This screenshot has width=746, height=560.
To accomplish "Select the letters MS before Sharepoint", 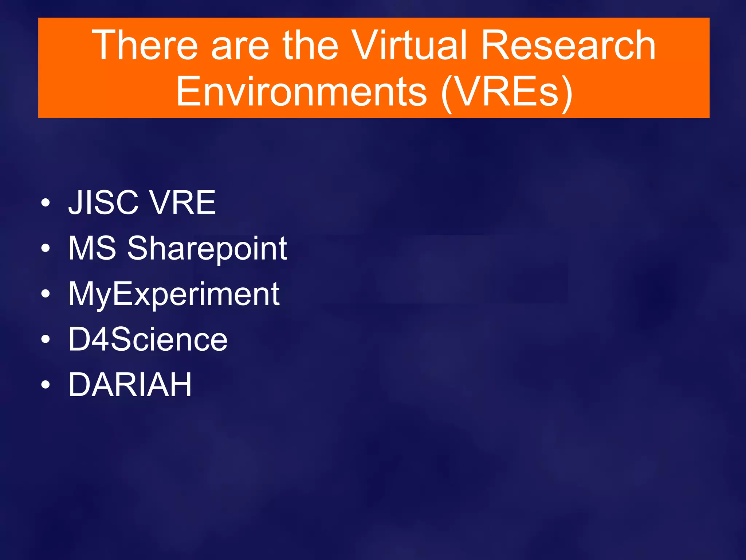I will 92,248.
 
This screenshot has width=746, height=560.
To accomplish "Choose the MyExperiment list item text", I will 174,295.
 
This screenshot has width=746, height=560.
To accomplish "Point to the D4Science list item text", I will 148,339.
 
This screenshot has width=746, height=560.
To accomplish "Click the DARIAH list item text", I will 130,384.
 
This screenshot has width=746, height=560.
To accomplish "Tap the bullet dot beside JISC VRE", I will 45,203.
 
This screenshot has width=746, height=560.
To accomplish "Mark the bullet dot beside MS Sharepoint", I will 45,249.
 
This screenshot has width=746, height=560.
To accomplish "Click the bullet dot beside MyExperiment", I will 45,294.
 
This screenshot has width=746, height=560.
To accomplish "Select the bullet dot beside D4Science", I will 45,339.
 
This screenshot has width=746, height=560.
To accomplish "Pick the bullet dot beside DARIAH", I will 45,385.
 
